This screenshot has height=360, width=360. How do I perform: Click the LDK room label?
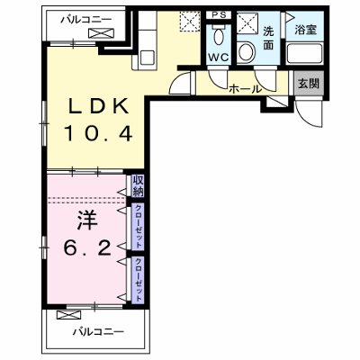pyautogui.click(x=98, y=106)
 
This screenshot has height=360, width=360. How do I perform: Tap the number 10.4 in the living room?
pyautogui.click(x=98, y=133)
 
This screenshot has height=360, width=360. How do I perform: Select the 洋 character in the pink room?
pyautogui.click(x=87, y=220)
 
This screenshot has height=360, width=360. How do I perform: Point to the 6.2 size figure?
pyautogui.click(x=87, y=247)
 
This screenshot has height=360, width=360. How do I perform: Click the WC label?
pyautogui.click(x=219, y=58)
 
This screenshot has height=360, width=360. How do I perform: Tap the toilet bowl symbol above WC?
pyautogui.click(x=219, y=35)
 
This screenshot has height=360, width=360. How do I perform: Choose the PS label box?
pyautogui.click(x=219, y=15)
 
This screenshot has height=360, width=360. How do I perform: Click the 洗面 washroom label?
pyautogui.click(x=268, y=38)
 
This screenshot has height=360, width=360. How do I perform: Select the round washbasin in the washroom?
pyautogui.click(x=247, y=52)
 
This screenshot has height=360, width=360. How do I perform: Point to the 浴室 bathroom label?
pyautogui.click(x=305, y=30)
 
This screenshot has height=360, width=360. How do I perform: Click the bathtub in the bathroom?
pyautogui.click(x=304, y=54)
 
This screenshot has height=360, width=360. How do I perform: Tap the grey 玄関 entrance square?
pyautogui.click(x=309, y=84)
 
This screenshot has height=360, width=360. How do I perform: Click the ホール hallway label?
pyautogui.click(x=245, y=89)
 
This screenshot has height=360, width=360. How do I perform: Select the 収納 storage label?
pyautogui.click(x=139, y=186)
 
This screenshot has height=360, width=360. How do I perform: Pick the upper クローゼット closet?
pyautogui.click(x=138, y=227)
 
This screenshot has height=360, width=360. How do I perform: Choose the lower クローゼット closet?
pyautogui.click(x=138, y=280)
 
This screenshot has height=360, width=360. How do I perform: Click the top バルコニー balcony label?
pyautogui.click(x=86, y=20)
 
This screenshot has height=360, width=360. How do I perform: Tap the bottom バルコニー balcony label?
pyautogui.click(x=98, y=331)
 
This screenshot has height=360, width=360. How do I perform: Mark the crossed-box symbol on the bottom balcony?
pyautogui.click(x=68, y=315)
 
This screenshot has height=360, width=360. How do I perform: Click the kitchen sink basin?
pyautogui.click(x=147, y=57)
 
